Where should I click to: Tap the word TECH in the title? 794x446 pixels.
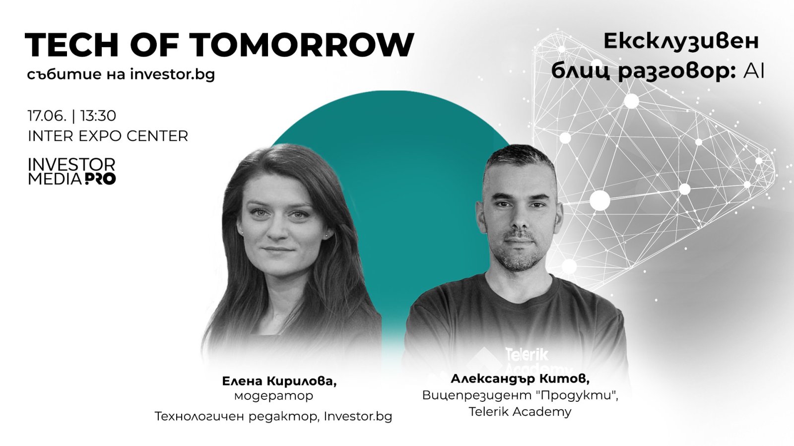pyautogui.click(x=71, y=45)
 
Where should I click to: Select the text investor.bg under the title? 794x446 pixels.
pyautogui.click(x=173, y=75)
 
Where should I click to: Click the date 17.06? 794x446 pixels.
pyautogui.click(x=47, y=116)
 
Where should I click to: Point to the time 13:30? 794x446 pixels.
pyautogui.click(x=98, y=116)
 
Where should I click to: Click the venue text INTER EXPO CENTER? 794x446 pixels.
pyautogui.click(x=108, y=136)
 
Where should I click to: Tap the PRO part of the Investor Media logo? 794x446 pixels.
pyautogui.click(x=100, y=179)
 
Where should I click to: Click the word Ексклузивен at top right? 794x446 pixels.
pyautogui.click(x=681, y=42)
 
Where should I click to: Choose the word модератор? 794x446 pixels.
pyautogui.click(x=273, y=396)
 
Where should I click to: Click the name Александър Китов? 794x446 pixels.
pyautogui.click(x=520, y=379)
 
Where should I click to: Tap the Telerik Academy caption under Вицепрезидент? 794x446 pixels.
pyautogui.click(x=520, y=412)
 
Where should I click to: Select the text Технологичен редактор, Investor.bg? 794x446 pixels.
pyautogui.click(x=273, y=417)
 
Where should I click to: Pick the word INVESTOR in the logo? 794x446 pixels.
pyautogui.click(x=71, y=165)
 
